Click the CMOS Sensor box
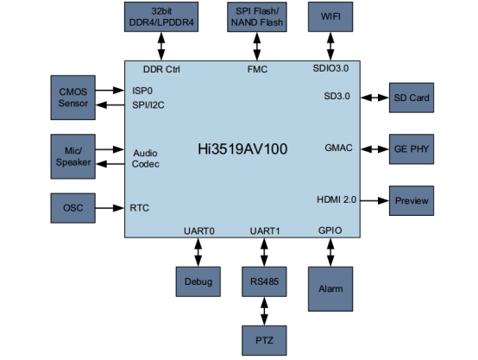pos(72,98)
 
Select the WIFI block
pos(330,16)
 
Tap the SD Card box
pos(412,98)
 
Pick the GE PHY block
pos(412,149)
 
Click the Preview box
pos(412,201)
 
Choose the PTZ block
pos(264,340)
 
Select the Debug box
pos(198,281)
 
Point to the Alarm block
pos(330,289)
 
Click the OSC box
pos(72,208)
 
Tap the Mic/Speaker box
pos(72,156)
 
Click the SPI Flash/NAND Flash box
pos(257,16)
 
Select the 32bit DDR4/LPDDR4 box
pos(161,16)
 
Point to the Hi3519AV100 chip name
pos(242,149)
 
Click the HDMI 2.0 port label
pos(336,199)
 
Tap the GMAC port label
pos(338,148)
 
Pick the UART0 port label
pos(199,231)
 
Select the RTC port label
pos(139,208)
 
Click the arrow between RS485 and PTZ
pos(264,311)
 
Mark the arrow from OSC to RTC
pos(110,208)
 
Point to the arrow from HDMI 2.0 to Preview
pos(374,201)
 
